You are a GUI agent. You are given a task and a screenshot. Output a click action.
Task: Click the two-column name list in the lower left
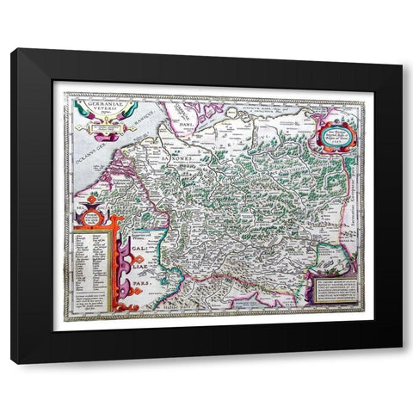(x=83, y=250)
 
